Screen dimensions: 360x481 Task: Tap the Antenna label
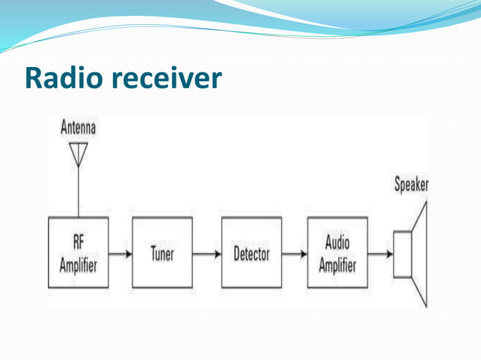click(x=78, y=128)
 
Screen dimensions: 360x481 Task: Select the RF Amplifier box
click(x=78, y=253)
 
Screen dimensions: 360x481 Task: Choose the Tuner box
click(x=162, y=253)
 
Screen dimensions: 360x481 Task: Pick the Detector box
click(x=251, y=253)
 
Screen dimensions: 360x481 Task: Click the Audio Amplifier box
click(x=337, y=253)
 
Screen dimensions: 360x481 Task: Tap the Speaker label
click(x=412, y=185)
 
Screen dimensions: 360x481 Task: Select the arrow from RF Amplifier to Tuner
click(x=121, y=254)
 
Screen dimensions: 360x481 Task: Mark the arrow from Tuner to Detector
click(x=207, y=254)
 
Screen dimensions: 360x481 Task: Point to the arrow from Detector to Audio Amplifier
click(x=294, y=254)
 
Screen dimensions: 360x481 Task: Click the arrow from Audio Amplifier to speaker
click(x=380, y=254)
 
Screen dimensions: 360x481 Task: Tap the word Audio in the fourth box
click(x=337, y=243)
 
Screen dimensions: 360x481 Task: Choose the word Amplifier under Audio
click(x=337, y=265)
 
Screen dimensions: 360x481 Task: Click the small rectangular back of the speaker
click(x=403, y=254)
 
